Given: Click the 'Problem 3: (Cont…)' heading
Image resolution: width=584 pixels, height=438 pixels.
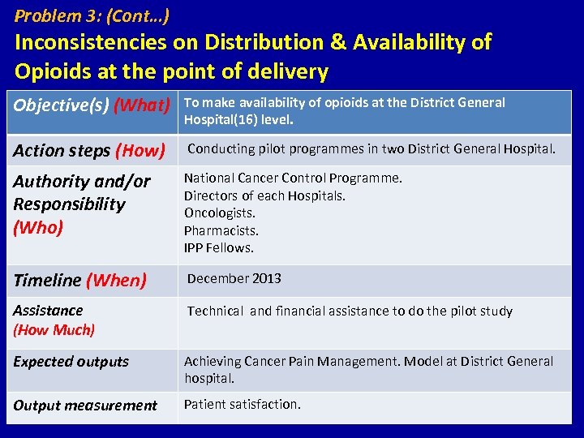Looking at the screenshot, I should (x=92, y=15).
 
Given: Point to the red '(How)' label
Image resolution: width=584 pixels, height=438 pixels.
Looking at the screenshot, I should (x=140, y=150).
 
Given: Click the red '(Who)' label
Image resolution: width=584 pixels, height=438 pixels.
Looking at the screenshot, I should (x=38, y=227).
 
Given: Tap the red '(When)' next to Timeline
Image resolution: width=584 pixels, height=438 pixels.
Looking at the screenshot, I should (x=116, y=281).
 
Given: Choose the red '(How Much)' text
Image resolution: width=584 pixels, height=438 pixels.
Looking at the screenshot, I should (x=54, y=329).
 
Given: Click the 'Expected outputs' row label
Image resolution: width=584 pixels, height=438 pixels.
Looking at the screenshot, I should (x=71, y=362).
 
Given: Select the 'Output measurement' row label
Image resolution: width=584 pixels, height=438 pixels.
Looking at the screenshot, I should (x=85, y=406).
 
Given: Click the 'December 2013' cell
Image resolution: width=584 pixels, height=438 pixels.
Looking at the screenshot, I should (x=234, y=278).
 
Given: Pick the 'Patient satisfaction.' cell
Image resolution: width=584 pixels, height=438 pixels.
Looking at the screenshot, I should (x=242, y=404).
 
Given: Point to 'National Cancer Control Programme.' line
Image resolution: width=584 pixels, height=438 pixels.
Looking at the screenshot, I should (x=293, y=178).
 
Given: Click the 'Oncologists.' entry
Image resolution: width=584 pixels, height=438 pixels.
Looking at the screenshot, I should (x=219, y=213).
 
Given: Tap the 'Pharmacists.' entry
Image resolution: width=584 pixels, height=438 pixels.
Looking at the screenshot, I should (x=221, y=230).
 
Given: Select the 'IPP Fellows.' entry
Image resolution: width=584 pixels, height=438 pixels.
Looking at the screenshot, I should (x=218, y=248).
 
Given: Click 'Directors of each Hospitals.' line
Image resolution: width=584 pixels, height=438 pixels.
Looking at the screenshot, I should (x=264, y=195).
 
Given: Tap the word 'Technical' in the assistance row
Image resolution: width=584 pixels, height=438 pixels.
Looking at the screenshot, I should (x=215, y=311).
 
